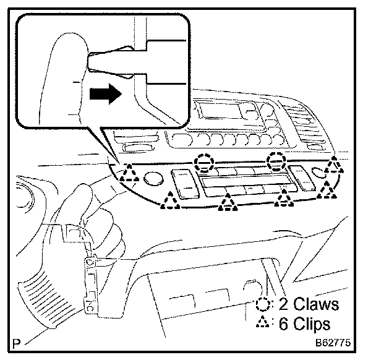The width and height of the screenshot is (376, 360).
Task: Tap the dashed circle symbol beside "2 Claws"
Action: coord(262,304)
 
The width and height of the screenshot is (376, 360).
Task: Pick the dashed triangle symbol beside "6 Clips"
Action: coord(262,323)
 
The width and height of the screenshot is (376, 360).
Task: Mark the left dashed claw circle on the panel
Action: coord(203,163)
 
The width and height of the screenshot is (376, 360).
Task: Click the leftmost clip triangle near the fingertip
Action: coord(130,173)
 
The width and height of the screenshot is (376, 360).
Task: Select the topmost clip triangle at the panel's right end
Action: coord(334,166)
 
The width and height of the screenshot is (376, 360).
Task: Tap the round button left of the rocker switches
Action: coord(150,179)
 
